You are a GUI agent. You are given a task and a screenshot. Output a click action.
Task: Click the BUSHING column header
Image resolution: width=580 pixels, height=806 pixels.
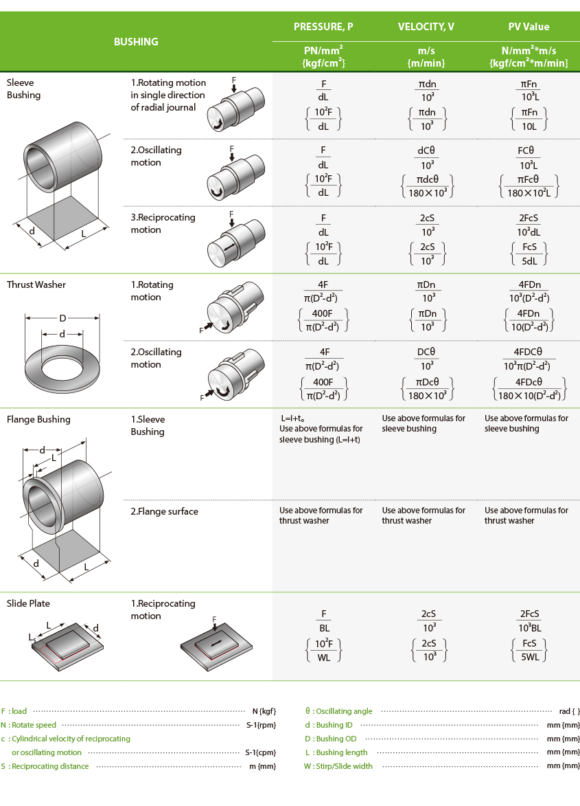click(x=136, y=42)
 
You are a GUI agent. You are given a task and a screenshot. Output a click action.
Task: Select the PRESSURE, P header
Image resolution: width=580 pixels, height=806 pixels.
click(x=323, y=27)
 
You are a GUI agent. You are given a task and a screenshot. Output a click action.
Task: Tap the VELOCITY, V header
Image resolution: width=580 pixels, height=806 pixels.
click(x=426, y=27)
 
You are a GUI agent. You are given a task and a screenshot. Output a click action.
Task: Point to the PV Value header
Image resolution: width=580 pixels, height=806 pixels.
click(x=529, y=27)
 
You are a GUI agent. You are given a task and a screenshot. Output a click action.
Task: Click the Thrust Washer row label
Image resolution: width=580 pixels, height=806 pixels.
click(x=36, y=285)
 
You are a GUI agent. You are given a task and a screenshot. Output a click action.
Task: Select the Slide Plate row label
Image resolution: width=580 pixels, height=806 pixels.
click(x=28, y=604)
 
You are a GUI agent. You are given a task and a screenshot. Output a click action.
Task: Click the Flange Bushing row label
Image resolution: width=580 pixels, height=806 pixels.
click(x=38, y=420)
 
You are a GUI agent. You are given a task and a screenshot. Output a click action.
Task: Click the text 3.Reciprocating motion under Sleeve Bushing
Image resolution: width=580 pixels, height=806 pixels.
click(x=163, y=223)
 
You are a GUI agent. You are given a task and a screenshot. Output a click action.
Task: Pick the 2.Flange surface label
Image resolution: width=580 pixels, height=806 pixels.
click(x=164, y=511)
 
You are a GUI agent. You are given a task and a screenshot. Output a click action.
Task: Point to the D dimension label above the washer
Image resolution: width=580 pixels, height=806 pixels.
click(x=62, y=319)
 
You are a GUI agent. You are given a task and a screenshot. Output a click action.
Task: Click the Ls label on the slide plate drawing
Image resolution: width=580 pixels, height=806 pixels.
click(x=33, y=638)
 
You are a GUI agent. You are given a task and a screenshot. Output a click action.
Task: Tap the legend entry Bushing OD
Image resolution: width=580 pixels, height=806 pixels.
click(x=336, y=739)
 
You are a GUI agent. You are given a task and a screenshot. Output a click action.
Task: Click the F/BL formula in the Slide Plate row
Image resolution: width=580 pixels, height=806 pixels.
click(x=324, y=620)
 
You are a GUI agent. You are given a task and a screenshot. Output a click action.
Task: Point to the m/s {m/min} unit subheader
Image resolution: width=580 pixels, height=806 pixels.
click(x=426, y=56)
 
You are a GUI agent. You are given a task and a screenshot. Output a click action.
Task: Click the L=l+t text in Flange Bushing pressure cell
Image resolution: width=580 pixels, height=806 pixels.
click(x=292, y=418)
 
